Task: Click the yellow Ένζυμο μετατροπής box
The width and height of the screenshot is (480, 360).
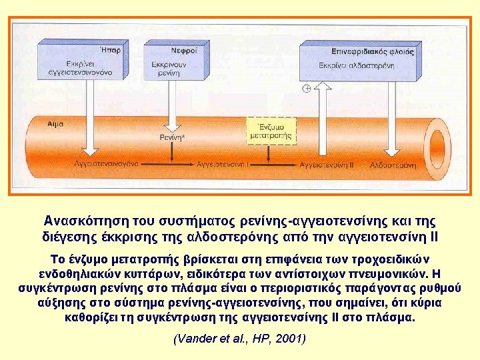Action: pos(270,130)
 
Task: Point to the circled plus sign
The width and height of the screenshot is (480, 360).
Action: pos(307,89)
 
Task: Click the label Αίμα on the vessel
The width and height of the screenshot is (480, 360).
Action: pos(57,124)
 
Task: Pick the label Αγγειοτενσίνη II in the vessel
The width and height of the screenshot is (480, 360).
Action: pos(326,163)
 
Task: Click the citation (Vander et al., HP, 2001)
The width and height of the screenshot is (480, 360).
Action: pos(239,339)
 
